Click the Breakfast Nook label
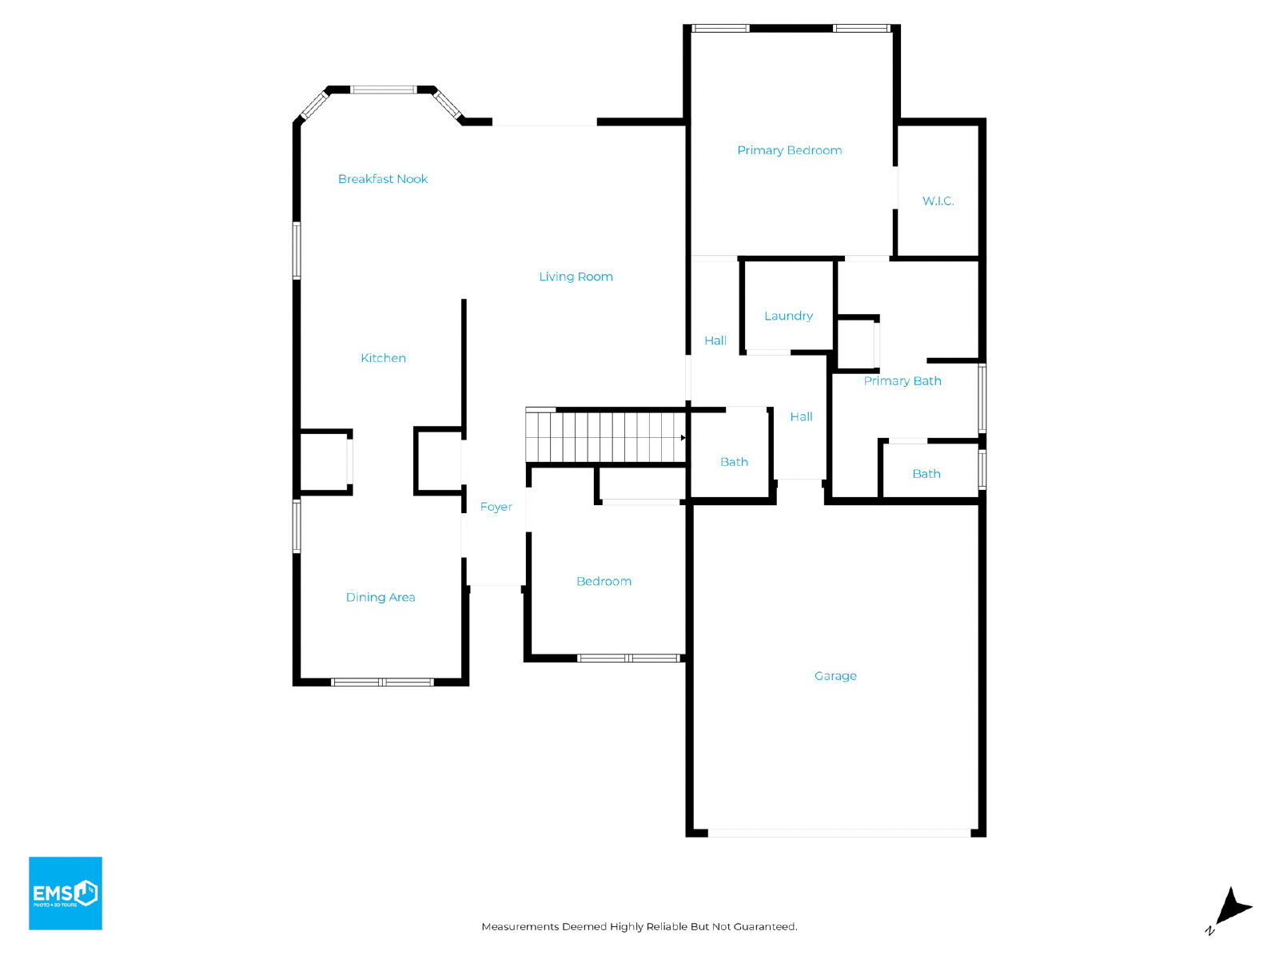pyautogui.click(x=383, y=179)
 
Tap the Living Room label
pyautogui.click(x=576, y=277)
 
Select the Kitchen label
pyautogui.click(x=383, y=358)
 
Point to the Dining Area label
pyautogui.click(x=381, y=598)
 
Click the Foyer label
pyautogui.click(x=496, y=507)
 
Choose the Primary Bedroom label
pyautogui.click(x=790, y=150)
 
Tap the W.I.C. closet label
pyautogui.click(x=938, y=201)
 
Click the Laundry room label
pyautogui.click(x=788, y=316)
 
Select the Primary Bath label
pyautogui.click(x=902, y=381)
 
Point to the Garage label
pyautogui.click(x=835, y=676)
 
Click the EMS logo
pyautogui.click(x=66, y=893)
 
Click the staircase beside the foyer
pyautogui.click(x=606, y=436)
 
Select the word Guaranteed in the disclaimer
pyautogui.click(x=765, y=926)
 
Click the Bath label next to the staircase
pyautogui.click(x=734, y=462)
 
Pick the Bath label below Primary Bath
pyautogui.click(x=926, y=474)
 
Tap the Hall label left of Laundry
pyautogui.click(x=715, y=340)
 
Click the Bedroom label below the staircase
pyautogui.click(x=604, y=581)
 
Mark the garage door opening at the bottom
pyautogui.click(x=839, y=834)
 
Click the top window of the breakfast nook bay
pyautogui.click(x=383, y=90)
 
